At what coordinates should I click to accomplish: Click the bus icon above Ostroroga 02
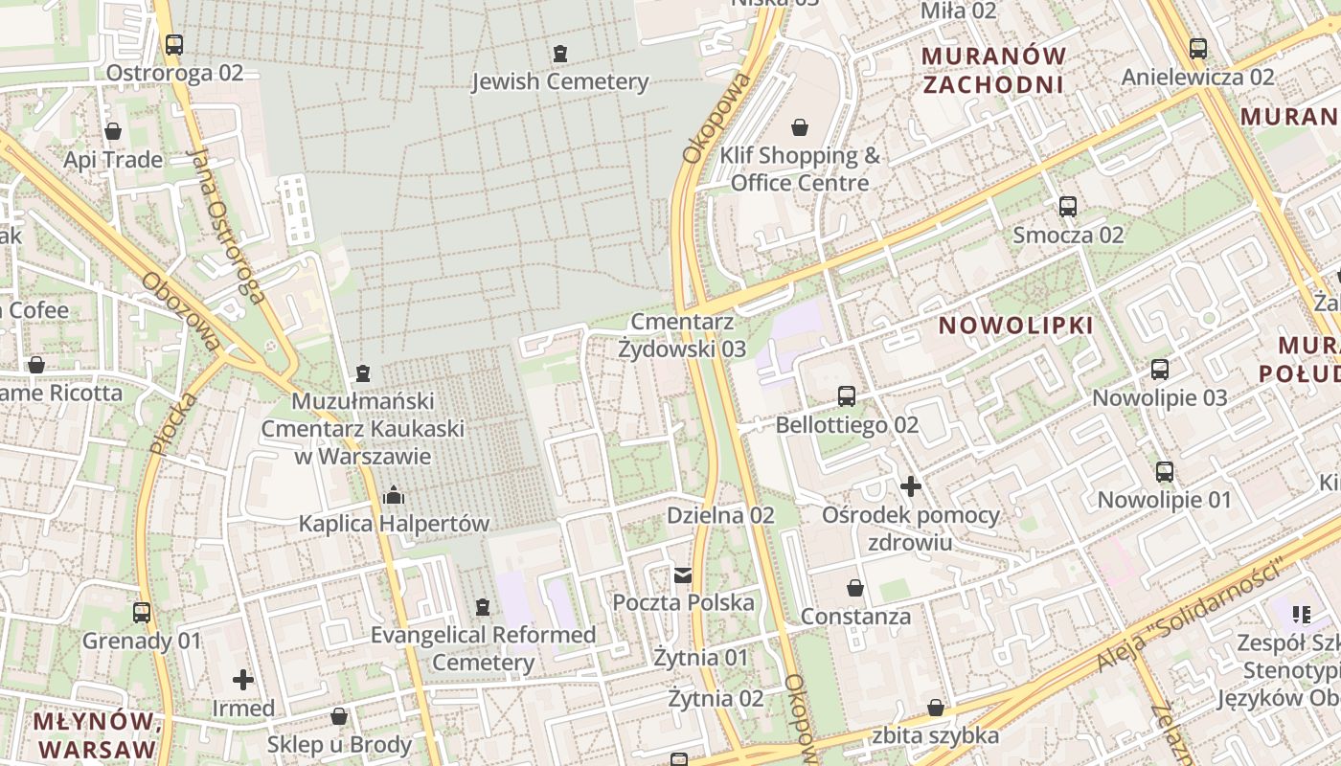click(173, 44)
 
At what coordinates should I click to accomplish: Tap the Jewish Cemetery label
click(560, 81)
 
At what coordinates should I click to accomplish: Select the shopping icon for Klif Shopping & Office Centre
click(800, 127)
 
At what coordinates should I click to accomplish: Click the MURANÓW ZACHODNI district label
click(992, 70)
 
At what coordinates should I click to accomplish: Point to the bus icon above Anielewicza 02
click(1197, 48)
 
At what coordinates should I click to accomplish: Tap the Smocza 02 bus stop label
click(1068, 235)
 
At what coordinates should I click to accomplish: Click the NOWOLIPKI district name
click(1015, 326)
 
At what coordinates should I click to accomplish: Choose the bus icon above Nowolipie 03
click(1159, 369)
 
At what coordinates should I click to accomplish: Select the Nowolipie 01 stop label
click(1164, 500)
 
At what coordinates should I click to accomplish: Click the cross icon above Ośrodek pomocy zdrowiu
click(910, 486)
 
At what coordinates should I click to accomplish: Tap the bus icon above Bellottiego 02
click(847, 396)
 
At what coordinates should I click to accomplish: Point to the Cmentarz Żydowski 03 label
click(682, 335)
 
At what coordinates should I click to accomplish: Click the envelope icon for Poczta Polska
click(683, 574)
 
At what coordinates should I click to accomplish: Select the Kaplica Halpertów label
click(394, 524)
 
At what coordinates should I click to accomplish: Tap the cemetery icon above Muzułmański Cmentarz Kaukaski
click(362, 372)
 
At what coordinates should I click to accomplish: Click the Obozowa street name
click(180, 311)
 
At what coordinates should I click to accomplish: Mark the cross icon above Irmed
click(243, 680)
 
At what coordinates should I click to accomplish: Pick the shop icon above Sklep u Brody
click(339, 716)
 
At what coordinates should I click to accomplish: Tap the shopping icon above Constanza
click(855, 588)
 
